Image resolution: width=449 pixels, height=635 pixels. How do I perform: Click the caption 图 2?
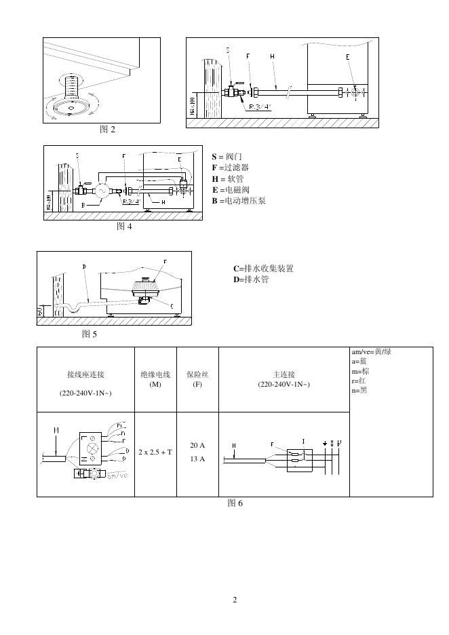[x=107, y=130]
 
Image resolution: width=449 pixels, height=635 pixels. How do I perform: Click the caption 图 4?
[x=124, y=227]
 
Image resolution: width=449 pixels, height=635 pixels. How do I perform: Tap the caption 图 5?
[x=90, y=334]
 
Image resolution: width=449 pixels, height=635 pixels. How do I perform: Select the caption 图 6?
[x=235, y=503]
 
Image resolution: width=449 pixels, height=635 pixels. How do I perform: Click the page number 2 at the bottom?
[x=235, y=600]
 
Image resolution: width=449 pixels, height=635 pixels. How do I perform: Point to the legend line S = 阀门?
[x=227, y=157]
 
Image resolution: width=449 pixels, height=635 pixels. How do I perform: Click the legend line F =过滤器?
[x=230, y=168]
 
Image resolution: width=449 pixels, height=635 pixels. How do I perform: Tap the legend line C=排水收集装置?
[x=263, y=269]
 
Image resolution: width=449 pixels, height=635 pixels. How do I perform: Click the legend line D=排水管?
[x=250, y=279]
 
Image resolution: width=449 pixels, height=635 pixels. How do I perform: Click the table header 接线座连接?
[x=85, y=374]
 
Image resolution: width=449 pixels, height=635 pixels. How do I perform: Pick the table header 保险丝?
[x=197, y=374]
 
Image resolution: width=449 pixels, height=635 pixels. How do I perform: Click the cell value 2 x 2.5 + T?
[x=155, y=451]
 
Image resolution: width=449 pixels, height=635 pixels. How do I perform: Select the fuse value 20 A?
[x=197, y=445]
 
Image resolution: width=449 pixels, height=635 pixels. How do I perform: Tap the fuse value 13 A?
[x=197, y=459]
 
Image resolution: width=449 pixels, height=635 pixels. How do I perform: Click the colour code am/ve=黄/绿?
[x=371, y=351]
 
